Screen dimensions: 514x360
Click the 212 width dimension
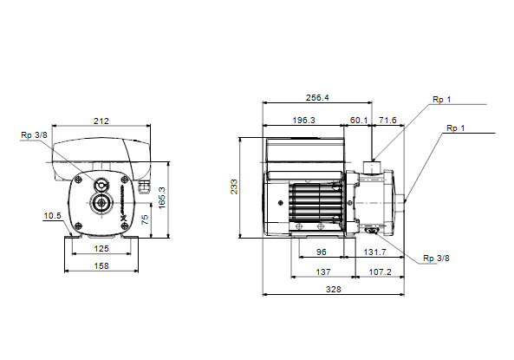101,121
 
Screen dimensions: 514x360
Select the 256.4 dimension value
317,98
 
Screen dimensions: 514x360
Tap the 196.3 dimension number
303,120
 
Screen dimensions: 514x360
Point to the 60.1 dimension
359,120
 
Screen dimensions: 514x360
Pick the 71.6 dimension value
387,120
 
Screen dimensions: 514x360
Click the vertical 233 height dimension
234,187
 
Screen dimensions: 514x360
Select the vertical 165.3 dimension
162,198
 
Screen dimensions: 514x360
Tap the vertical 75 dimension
145,219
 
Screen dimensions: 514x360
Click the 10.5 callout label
53,216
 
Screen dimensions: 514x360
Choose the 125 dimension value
101,248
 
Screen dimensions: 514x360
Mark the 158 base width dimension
101,265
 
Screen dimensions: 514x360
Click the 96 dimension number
322,252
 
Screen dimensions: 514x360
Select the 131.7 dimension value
375,252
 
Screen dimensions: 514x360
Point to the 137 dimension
323,272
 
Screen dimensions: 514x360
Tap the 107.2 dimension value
381,272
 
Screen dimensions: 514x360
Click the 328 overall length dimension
334,290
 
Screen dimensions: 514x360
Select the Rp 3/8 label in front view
34,134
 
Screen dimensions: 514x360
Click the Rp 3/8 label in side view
436,259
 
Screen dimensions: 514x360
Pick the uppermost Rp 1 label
442,100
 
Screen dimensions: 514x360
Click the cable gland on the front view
144,187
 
